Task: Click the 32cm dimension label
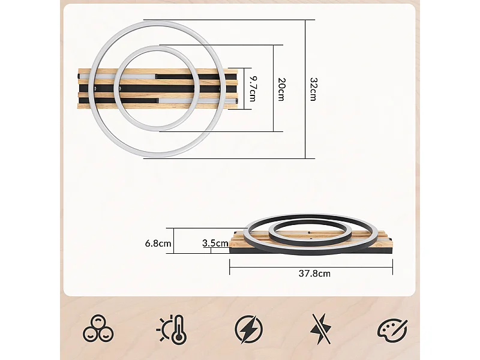click(x=313, y=89)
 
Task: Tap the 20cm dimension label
click(x=281, y=89)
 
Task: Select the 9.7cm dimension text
click(x=253, y=89)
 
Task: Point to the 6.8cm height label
click(x=158, y=244)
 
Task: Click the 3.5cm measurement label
click(x=215, y=244)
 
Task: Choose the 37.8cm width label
click(x=314, y=274)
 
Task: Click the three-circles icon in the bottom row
click(x=98, y=329)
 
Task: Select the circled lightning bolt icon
click(x=248, y=329)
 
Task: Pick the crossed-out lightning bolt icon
click(x=320, y=329)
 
